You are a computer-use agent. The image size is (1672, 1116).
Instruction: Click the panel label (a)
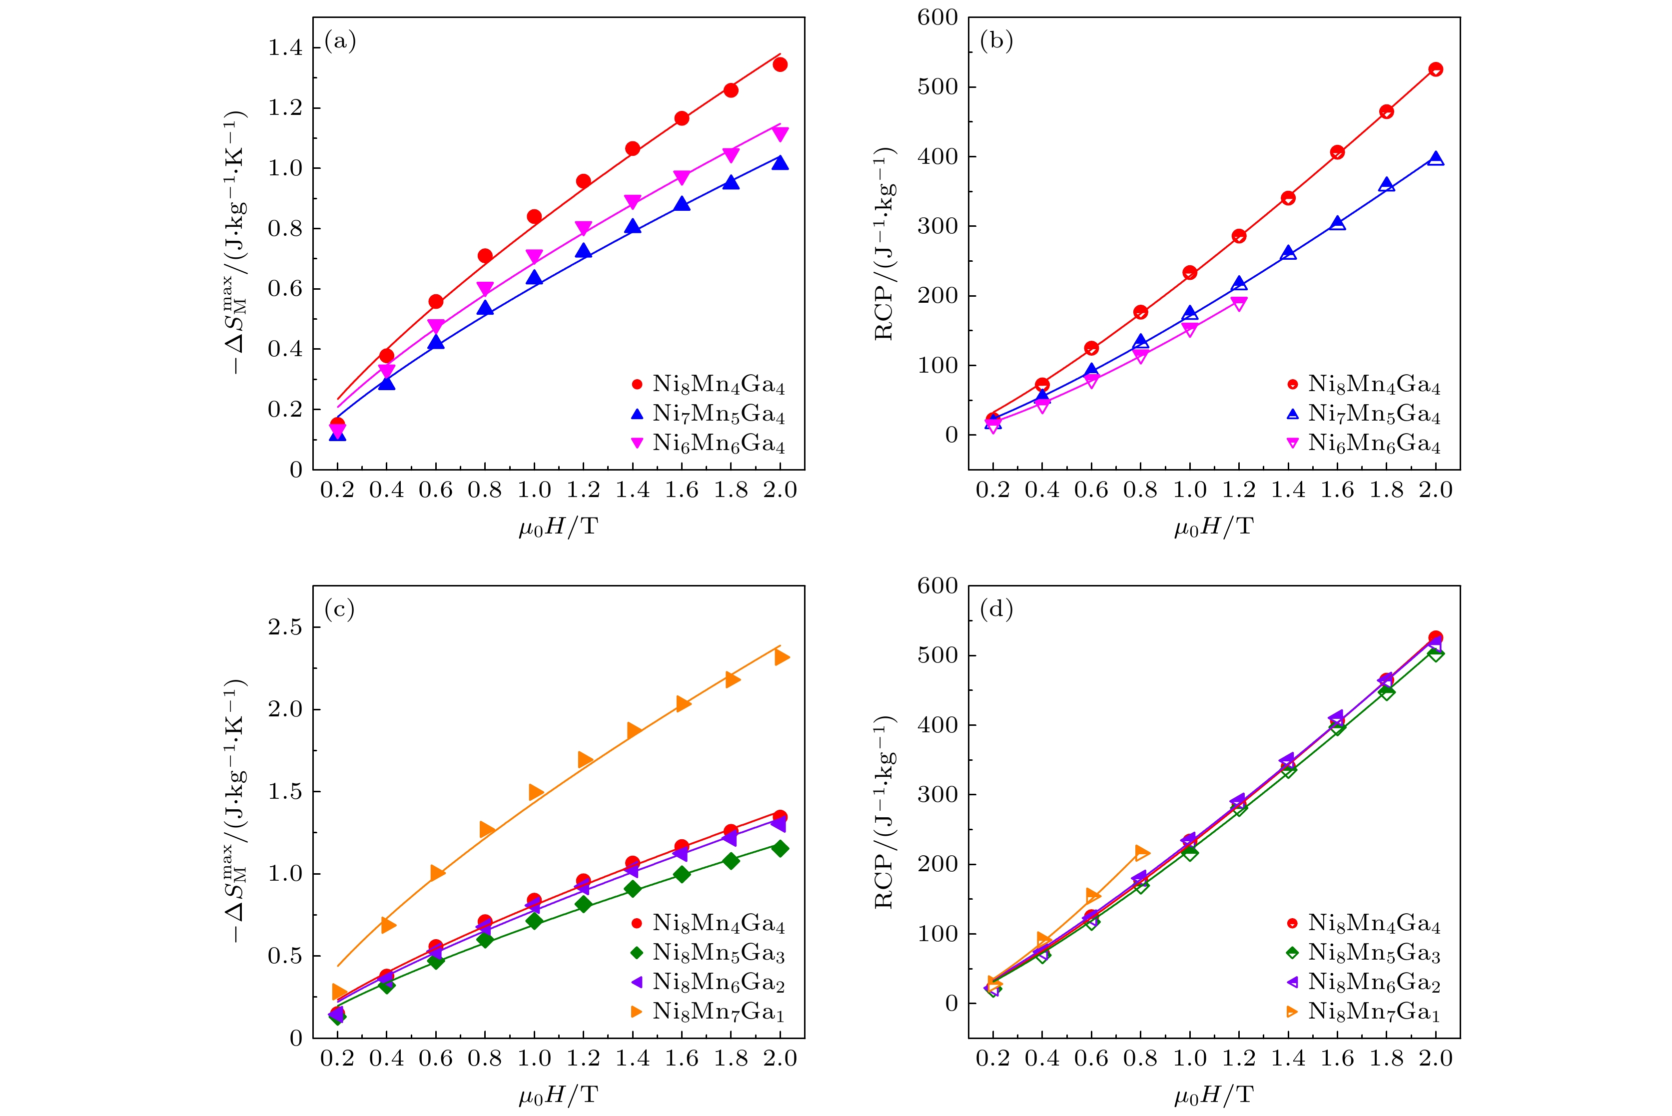click(x=340, y=41)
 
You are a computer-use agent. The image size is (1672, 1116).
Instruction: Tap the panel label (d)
click(x=996, y=609)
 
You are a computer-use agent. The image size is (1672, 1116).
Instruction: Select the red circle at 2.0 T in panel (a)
click(x=780, y=65)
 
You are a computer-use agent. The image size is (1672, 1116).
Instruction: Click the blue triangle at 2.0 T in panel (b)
click(x=1436, y=159)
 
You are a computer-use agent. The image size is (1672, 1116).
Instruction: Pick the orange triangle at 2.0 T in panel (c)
click(x=781, y=657)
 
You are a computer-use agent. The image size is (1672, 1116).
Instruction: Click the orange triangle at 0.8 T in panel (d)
click(x=1141, y=852)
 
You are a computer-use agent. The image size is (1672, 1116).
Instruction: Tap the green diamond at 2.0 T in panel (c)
click(x=780, y=848)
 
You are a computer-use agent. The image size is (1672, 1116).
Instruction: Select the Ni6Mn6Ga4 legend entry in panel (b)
click(x=1374, y=444)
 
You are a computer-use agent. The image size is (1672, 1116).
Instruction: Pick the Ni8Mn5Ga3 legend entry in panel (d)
click(x=1374, y=952)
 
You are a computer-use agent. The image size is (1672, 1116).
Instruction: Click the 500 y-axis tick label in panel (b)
click(x=937, y=87)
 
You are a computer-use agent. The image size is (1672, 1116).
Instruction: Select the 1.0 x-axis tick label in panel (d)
click(x=1189, y=1059)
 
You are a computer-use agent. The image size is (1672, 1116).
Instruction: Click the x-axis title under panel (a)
click(x=558, y=528)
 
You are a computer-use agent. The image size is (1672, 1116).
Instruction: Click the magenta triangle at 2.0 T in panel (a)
click(x=780, y=134)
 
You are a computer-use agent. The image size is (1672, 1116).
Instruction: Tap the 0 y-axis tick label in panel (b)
click(x=951, y=435)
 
